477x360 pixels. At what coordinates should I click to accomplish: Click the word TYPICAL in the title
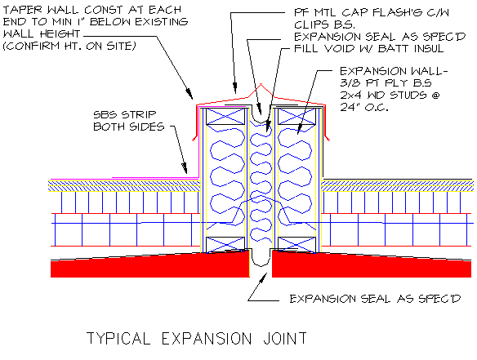coord(118,338)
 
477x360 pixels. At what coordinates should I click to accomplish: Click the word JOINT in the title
coord(285,338)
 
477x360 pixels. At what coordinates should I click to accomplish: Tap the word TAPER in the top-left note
coord(23,10)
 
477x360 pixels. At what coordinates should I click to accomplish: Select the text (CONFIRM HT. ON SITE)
coord(69,46)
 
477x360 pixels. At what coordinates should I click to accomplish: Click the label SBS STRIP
coord(124,114)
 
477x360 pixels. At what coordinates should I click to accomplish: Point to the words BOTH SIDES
coord(129,127)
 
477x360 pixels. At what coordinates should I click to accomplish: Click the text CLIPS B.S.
coord(324,24)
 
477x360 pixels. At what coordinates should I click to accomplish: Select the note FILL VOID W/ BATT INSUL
coord(368,49)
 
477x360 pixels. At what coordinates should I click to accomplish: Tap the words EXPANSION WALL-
coord(394,71)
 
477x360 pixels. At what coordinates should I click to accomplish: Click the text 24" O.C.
coord(364,107)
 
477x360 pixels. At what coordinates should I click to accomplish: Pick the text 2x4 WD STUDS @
coord(390,96)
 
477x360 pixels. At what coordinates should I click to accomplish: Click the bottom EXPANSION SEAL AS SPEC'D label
coord(376,299)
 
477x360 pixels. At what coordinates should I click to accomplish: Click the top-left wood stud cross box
coord(225,116)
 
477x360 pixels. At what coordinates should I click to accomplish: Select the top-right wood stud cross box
coord(297,116)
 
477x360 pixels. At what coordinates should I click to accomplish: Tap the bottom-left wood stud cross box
coord(225,244)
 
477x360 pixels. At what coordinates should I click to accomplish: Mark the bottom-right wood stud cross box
coord(297,244)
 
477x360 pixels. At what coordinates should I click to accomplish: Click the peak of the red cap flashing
coord(261,84)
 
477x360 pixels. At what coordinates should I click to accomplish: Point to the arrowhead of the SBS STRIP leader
coord(185,168)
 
